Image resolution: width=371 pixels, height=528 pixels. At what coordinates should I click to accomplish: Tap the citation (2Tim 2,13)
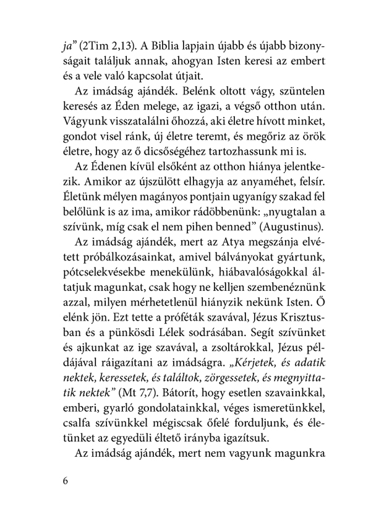103,45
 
